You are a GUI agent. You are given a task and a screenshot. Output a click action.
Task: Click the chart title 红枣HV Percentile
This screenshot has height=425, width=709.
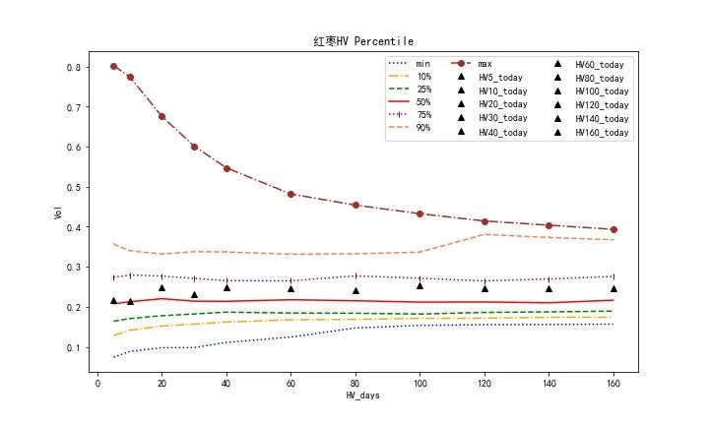(362, 41)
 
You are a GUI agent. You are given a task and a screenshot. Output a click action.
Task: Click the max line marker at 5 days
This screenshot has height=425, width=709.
(113, 66)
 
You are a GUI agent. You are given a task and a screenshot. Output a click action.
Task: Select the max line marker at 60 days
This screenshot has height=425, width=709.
(290, 194)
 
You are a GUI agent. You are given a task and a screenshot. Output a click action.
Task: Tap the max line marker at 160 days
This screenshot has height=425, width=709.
(613, 229)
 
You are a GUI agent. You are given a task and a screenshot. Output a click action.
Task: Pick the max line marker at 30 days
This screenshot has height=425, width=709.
(194, 147)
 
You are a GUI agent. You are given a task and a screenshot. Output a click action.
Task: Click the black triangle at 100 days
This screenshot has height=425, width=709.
(419, 285)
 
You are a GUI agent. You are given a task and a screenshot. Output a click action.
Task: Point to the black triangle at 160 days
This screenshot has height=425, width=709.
(613, 288)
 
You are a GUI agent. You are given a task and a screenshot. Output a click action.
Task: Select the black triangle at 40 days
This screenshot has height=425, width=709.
(226, 287)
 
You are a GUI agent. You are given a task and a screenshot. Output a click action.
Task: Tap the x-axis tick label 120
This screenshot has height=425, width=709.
(484, 384)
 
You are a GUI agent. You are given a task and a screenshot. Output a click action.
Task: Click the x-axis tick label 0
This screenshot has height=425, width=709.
(97, 384)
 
